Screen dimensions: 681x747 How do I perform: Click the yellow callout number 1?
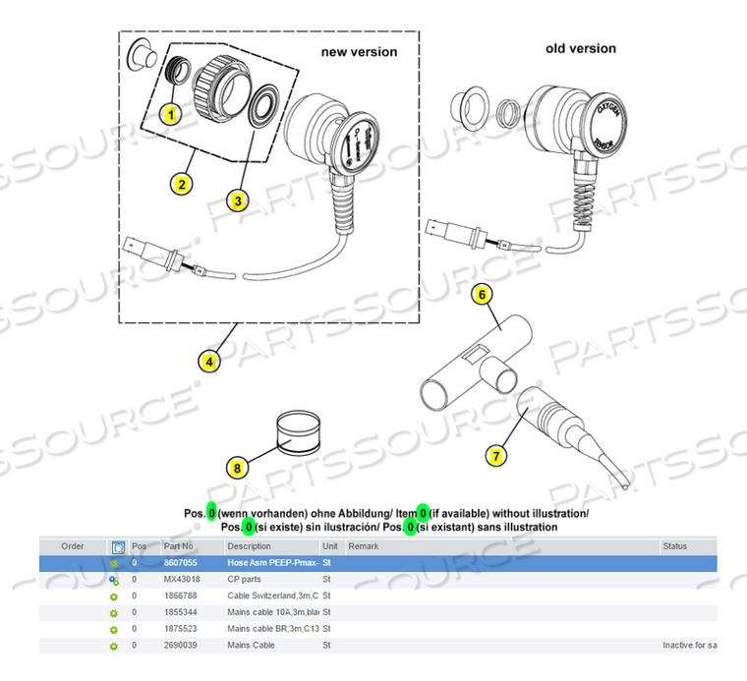pyautogui.click(x=170, y=114)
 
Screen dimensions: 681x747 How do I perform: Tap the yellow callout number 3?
pyautogui.click(x=238, y=199)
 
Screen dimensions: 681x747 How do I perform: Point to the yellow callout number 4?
pyautogui.click(x=209, y=361)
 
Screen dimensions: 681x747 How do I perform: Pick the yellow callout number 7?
pyautogui.click(x=496, y=454)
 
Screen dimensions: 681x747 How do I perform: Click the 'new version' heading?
pyautogui.click(x=359, y=51)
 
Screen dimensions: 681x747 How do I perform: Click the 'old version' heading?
pyautogui.click(x=581, y=48)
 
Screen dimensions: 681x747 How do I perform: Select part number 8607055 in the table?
pyautogui.click(x=181, y=563)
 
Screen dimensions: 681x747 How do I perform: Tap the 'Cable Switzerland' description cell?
pyautogui.click(x=272, y=596)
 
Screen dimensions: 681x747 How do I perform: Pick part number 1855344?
pyautogui.click(x=181, y=612)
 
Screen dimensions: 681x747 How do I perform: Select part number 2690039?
pyautogui.click(x=181, y=646)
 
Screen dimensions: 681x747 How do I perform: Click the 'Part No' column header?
pyautogui.click(x=178, y=546)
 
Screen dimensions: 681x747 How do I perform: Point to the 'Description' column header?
pyautogui.click(x=249, y=546)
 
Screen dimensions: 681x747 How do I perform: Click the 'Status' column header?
pyautogui.click(x=675, y=546)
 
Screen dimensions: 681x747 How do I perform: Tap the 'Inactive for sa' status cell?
pyautogui.click(x=689, y=646)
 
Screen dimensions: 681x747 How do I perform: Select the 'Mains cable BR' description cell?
pyautogui.click(x=272, y=629)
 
